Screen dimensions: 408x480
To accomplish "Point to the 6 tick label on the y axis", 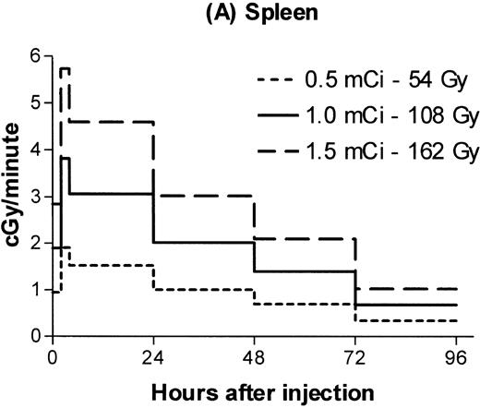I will coord(36,56).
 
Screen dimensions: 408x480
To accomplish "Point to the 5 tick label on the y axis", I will coord(36,103).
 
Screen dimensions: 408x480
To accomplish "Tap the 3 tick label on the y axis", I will coord(36,197).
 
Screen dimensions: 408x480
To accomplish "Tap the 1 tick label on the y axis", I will coord(36,290).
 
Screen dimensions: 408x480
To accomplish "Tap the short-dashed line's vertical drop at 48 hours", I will coord(255,296).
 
